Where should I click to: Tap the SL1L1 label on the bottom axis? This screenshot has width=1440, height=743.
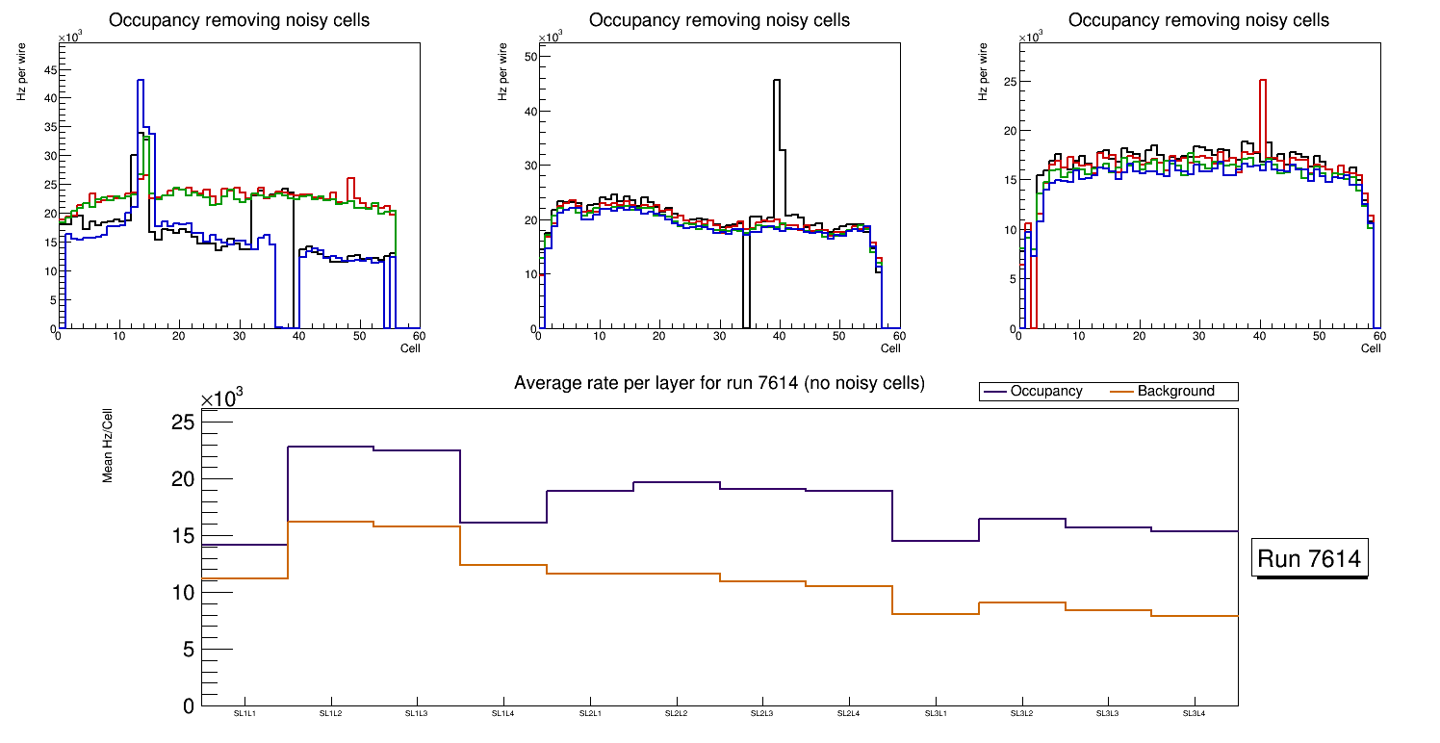pyautogui.click(x=244, y=713)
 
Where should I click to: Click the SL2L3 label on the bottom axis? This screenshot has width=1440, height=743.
pyautogui.click(x=762, y=713)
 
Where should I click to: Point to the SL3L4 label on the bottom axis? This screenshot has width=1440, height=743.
pyautogui.click(x=1195, y=713)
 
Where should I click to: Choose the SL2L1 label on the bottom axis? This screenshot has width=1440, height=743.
pyautogui.click(x=590, y=713)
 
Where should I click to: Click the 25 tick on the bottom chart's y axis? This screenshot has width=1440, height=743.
pyautogui.click(x=183, y=423)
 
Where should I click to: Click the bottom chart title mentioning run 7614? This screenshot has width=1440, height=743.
pyautogui.click(x=719, y=383)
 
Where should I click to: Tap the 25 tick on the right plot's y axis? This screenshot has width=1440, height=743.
pyautogui.click(x=1009, y=82)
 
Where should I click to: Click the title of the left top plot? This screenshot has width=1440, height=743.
pyautogui.click(x=239, y=20)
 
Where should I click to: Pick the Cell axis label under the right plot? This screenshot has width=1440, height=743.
pyautogui.click(x=1371, y=347)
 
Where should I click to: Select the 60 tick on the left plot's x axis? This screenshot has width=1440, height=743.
pyautogui.click(x=419, y=336)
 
